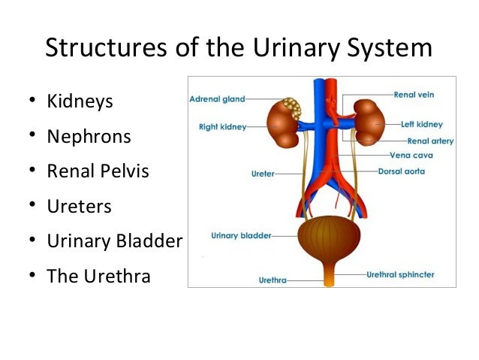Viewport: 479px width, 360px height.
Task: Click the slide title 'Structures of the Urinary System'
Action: pos(239,49)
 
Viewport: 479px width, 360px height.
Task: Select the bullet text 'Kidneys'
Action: pos(80,101)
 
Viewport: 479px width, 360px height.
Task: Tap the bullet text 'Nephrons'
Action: pos(89,136)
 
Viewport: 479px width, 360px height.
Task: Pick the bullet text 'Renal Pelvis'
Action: pos(98,171)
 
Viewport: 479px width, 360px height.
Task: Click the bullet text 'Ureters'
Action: pos(79,206)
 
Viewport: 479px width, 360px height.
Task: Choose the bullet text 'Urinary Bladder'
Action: pos(114,241)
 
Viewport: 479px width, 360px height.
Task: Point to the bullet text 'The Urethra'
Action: pos(98,276)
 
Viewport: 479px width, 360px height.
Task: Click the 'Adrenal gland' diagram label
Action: pos(216,98)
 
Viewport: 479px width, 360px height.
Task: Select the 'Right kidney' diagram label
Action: pos(221,127)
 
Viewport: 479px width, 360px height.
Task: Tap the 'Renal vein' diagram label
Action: pos(414,95)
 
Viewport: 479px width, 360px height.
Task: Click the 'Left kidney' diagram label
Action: pos(421,124)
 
